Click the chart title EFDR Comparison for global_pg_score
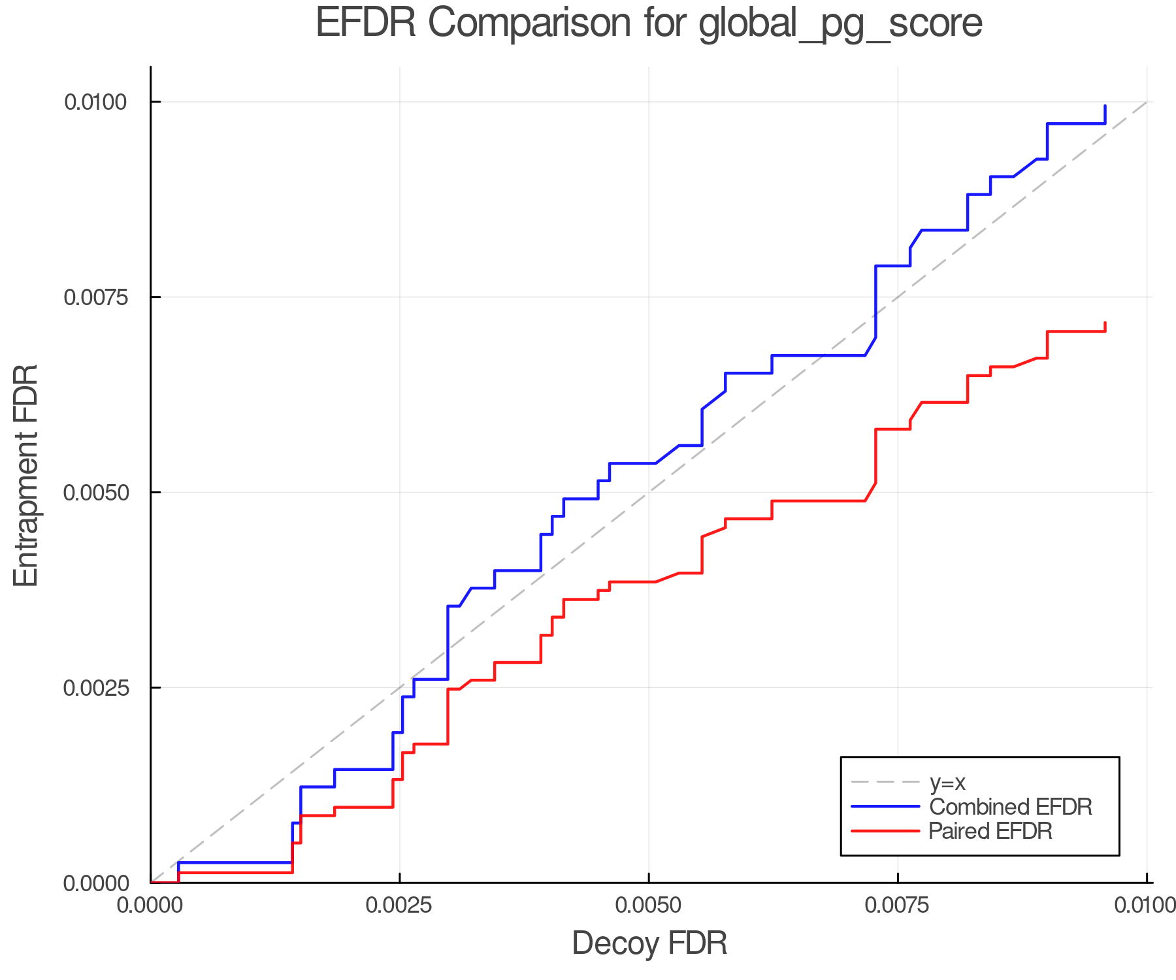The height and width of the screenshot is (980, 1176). pos(649,24)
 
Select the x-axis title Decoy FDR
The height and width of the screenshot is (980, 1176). pos(649,943)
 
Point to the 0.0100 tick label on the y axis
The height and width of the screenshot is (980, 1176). pos(95,102)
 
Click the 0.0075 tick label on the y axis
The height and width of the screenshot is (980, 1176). pos(95,297)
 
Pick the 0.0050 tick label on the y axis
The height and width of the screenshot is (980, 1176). pos(95,493)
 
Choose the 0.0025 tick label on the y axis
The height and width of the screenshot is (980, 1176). pos(95,688)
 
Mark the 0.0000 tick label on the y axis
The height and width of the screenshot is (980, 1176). pos(95,883)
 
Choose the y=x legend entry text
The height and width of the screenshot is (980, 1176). pos(947,782)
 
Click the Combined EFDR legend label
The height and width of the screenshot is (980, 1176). pos(1010,807)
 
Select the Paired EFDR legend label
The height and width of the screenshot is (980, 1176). pos(990,831)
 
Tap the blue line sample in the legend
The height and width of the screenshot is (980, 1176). pos(885,807)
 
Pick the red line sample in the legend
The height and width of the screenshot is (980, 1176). pos(885,831)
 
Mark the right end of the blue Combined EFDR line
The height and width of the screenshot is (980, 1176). pos(1105,105)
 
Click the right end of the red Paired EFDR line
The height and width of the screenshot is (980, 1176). pos(1105,323)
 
